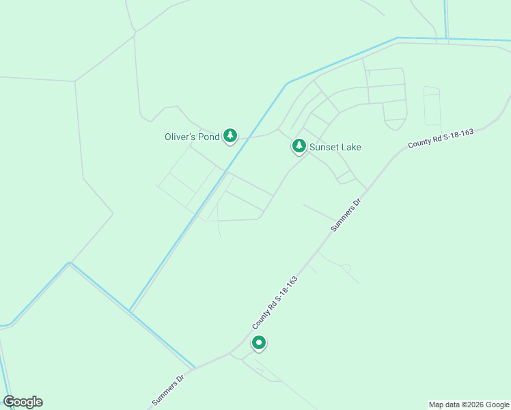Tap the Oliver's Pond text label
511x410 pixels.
(192, 137)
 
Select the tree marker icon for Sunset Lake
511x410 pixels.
(299, 146)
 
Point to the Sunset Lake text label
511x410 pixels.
(335, 147)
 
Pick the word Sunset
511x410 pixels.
(325, 147)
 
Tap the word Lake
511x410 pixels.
(351, 147)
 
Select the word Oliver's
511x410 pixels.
(180, 137)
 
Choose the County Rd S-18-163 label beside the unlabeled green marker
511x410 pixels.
(275, 301)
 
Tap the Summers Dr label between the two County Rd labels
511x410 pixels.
(346, 215)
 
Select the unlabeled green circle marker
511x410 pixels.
(258, 342)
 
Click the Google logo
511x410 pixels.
(23, 402)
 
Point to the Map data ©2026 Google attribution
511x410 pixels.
(469, 405)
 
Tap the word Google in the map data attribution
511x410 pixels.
(497, 405)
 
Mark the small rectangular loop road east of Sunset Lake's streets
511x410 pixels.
(432, 106)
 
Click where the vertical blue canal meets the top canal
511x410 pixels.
(446, 38)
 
